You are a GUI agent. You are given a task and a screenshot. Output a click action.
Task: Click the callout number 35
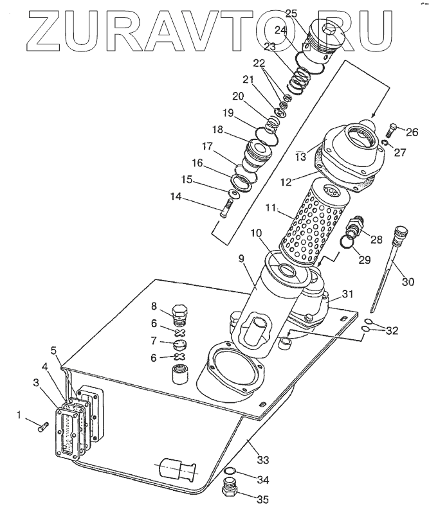pyautogui.click(x=262, y=500)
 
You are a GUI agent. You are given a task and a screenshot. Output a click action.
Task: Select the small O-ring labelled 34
pyautogui.click(x=230, y=471)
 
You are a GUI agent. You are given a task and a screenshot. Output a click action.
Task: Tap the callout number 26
pyautogui.click(x=412, y=132)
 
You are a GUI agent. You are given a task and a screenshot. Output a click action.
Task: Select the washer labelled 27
pyautogui.click(x=386, y=143)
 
